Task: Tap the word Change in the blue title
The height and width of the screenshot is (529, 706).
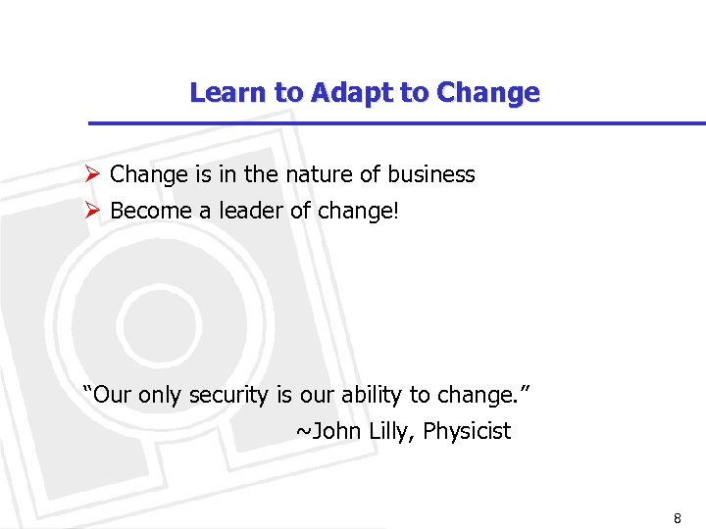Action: (x=488, y=93)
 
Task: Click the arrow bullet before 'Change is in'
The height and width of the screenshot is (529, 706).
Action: (x=93, y=175)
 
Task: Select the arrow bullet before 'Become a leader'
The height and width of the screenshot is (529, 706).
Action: (x=93, y=211)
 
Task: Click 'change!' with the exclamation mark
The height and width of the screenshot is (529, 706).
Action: (x=359, y=212)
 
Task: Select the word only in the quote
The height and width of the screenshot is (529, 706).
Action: (x=160, y=396)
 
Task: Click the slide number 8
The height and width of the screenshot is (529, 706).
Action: (x=677, y=518)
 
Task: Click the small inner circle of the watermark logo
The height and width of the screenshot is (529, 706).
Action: (x=144, y=318)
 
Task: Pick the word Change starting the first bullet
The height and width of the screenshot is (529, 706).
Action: (x=148, y=175)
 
